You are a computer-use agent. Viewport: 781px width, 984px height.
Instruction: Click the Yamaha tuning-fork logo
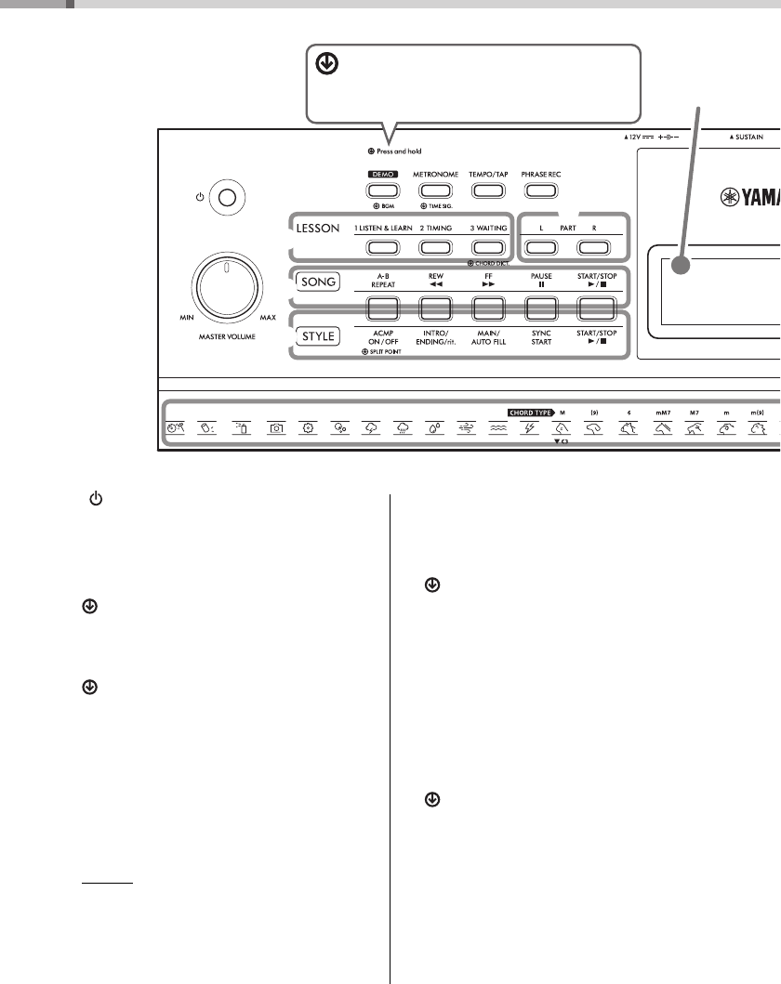tap(735, 197)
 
